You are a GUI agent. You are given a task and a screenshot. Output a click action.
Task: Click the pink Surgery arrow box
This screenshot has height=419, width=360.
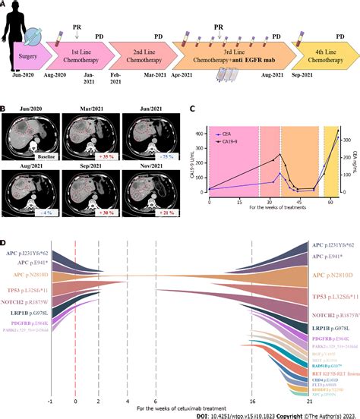(30, 58)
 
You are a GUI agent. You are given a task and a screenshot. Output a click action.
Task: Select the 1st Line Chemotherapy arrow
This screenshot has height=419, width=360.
(77, 58)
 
